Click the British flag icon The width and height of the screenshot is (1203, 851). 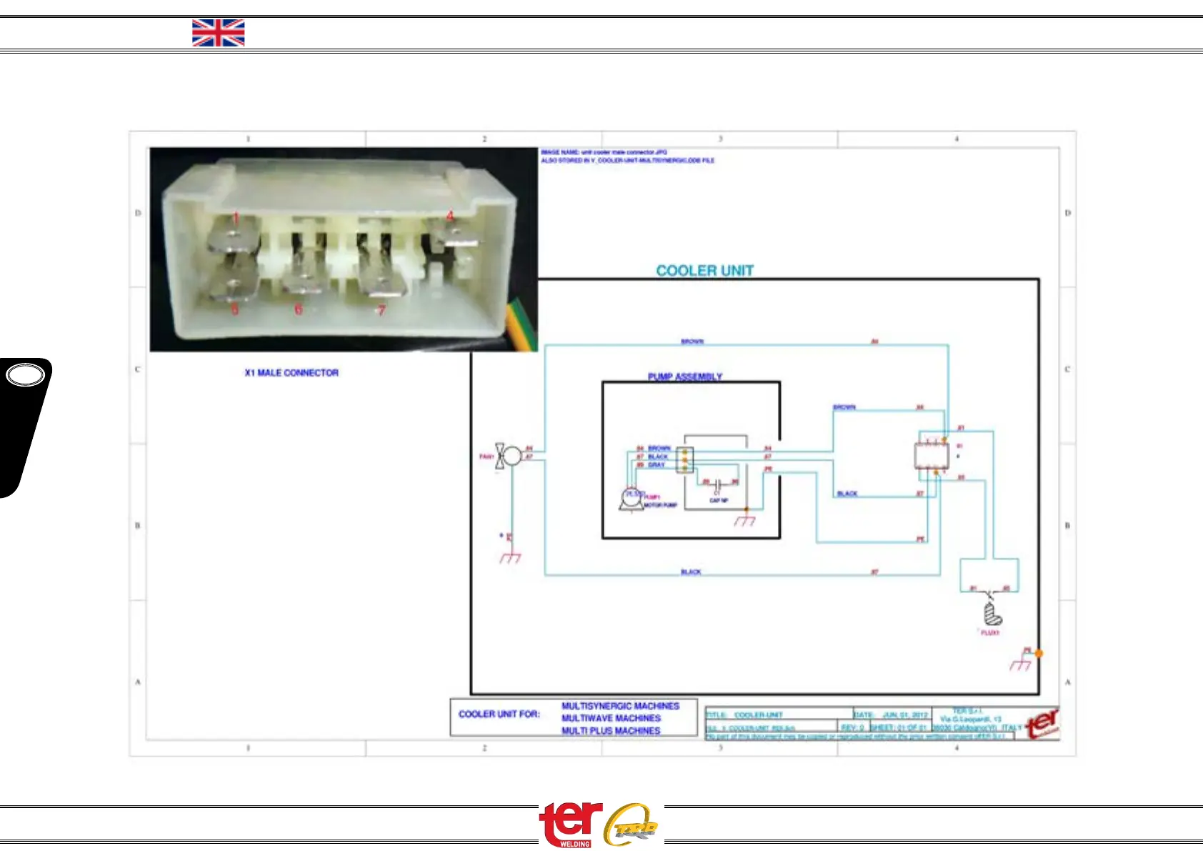tap(218, 33)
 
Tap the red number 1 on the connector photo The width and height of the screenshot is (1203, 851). tap(236, 217)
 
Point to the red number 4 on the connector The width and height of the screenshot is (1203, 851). tap(450, 216)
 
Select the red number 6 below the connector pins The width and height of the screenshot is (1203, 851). tap(299, 309)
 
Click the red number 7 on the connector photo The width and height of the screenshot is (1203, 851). tap(381, 310)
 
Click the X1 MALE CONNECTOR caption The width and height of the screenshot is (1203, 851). tap(291, 373)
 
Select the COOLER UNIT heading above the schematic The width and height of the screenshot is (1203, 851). tap(704, 271)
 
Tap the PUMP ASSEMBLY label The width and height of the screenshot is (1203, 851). tap(684, 377)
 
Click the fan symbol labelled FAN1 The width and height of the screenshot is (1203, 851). tap(510, 456)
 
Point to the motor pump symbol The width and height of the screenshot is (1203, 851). tap(632, 498)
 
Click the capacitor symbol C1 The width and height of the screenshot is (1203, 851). tap(718, 484)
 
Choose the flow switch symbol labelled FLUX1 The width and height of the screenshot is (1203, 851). tap(992, 613)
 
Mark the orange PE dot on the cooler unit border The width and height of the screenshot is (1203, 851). tap(1039, 653)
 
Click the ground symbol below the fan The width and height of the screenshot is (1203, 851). tap(510, 557)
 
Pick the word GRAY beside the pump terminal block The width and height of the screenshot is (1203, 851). tap(657, 465)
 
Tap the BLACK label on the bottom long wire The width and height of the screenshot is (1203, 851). tap(691, 572)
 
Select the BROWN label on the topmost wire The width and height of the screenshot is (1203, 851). tap(692, 342)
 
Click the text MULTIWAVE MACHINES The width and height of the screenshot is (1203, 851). tap(611, 718)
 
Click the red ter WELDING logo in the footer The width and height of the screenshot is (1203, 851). tap(570, 825)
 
